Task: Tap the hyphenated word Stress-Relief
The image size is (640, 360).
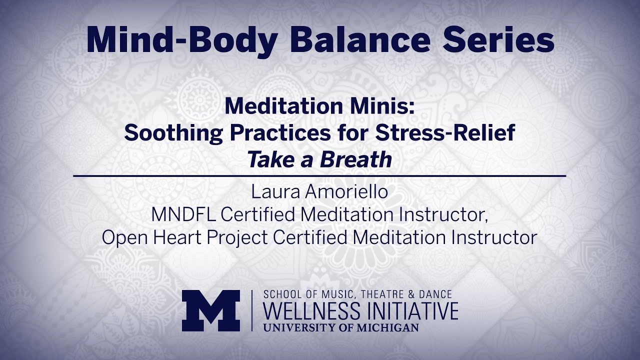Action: pyautogui.click(x=445, y=132)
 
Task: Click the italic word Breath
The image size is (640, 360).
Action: pyautogui.click(x=356, y=159)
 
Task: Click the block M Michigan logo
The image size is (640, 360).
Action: pyautogui.click(x=211, y=310)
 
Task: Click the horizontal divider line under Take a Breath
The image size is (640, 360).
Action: pyautogui.click(x=319, y=176)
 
